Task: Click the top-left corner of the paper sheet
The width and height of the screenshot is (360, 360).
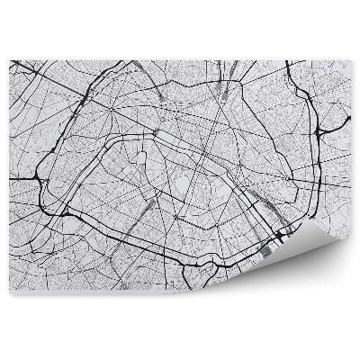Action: (x=10, y=61)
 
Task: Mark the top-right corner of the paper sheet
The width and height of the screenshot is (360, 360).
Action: (x=351, y=61)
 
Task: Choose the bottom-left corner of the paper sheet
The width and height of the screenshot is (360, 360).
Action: (x=10, y=294)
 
